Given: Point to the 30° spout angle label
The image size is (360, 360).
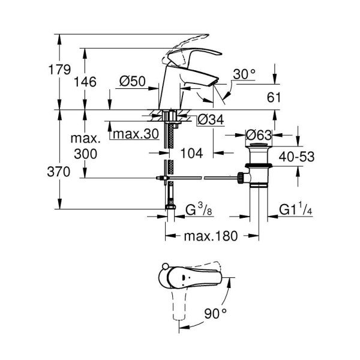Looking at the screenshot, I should point(244,74).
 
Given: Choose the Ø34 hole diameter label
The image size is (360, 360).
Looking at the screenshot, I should point(209,120).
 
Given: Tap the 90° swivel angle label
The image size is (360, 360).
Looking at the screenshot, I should point(215,313).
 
